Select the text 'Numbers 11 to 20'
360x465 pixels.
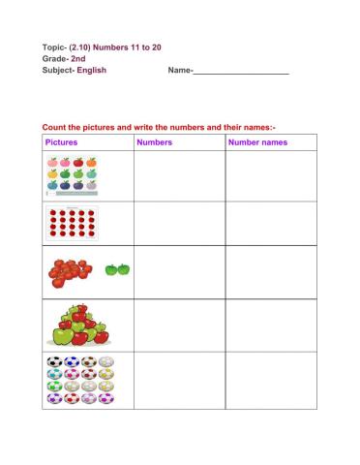(x=124, y=46)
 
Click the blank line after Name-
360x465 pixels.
(x=242, y=71)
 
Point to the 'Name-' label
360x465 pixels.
(x=181, y=70)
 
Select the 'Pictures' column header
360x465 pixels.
(x=62, y=142)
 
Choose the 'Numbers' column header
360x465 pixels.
(x=155, y=142)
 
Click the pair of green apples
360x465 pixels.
(x=118, y=268)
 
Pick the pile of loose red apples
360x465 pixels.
(x=71, y=271)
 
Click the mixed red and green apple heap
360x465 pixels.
(x=78, y=325)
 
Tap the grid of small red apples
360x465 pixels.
(x=72, y=224)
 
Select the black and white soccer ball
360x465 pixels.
(x=52, y=364)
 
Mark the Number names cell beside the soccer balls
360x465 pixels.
(x=270, y=380)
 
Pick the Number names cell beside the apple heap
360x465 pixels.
(x=270, y=325)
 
